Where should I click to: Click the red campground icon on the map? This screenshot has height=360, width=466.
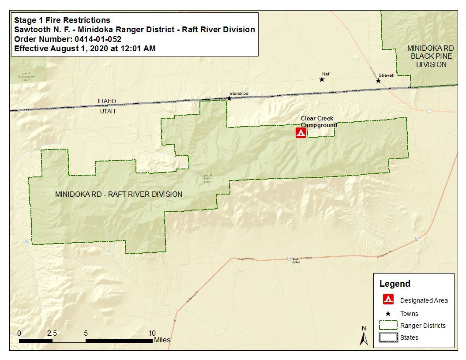(301, 133)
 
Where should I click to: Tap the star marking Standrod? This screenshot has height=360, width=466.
(229, 98)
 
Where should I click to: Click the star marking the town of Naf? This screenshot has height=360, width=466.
(322, 79)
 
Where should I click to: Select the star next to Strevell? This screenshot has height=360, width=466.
(378, 80)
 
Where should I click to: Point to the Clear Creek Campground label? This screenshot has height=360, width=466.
(318, 122)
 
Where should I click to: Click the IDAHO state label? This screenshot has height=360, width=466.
(107, 101)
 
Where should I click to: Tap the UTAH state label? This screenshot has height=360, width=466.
(107, 111)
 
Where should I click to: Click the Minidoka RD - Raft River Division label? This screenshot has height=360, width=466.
(119, 194)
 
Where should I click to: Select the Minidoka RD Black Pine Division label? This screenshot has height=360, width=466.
(430, 56)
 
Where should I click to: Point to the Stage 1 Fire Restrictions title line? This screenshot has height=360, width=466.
(62, 20)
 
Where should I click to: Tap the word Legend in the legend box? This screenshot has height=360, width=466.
(395, 284)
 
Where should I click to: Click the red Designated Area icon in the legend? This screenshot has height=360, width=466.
(388, 300)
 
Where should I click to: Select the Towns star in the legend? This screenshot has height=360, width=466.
(388, 314)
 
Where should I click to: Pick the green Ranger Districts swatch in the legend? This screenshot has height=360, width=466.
(388, 326)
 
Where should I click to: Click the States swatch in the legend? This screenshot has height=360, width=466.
(388, 337)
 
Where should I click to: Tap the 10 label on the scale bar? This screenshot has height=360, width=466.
(152, 333)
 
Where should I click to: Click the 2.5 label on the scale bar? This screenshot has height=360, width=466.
(52, 333)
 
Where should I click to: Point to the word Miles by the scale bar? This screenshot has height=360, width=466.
(162, 340)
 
